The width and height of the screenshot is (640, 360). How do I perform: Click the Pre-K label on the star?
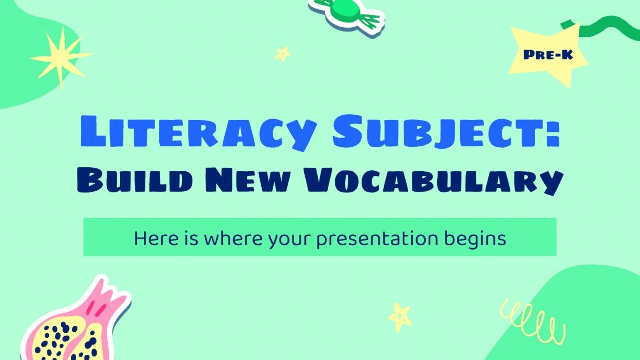tap(548, 55)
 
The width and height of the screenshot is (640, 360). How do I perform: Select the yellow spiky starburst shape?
tap(61, 57)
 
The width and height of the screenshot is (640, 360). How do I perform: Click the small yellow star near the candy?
tap(283, 54)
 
